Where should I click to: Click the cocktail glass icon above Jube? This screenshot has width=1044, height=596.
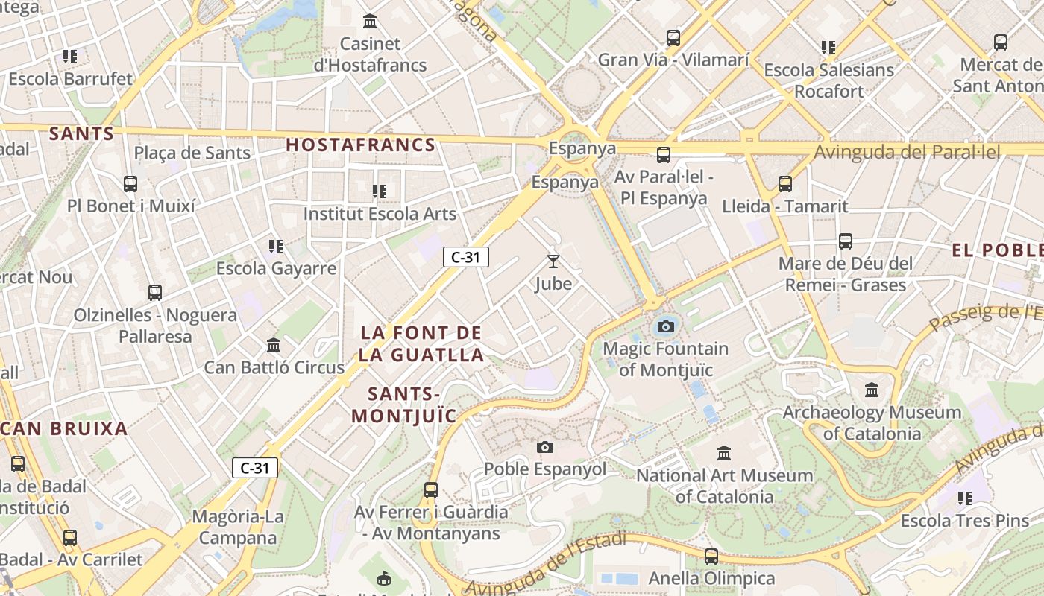(x=553, y=261)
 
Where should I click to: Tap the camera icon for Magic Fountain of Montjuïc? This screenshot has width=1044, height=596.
(x=666, y=326)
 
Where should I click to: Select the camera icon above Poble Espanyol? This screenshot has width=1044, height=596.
(x=545, y=447)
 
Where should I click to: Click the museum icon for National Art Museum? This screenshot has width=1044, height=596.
(x=723, y=453)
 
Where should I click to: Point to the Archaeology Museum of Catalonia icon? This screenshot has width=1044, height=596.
(x=872, y=390)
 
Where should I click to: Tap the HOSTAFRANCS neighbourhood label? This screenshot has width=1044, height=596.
(x=361, y=145)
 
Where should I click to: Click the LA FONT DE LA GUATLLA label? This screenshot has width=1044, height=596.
(x=421, y=343)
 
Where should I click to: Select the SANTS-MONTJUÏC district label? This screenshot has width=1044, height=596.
(x=404, y=405)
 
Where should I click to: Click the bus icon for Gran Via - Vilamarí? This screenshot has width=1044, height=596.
(x=673, y=37)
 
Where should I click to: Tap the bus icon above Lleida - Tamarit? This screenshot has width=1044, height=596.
(x=784, y=184)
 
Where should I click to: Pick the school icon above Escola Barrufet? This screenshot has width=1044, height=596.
(x=70, y=57)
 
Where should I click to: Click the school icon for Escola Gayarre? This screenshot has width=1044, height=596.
(x=276, y=246)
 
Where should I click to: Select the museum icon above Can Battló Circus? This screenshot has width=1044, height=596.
(x=274, y=346)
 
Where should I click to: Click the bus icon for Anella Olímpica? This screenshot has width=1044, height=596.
(x=711, y=556)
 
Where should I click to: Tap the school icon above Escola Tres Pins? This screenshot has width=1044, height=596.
(x=965, y=498)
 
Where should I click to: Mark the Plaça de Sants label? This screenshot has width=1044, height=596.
(x=192, y=153)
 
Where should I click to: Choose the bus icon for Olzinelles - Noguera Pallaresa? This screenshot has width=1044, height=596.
(x=155, y=293)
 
